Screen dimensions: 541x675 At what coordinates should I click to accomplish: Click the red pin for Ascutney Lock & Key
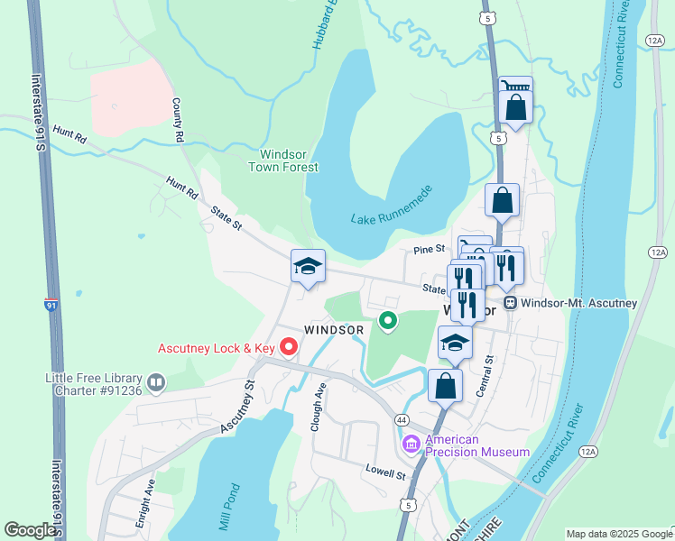(x=289, y=346)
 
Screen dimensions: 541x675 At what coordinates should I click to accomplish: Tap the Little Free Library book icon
(x=156, y=384)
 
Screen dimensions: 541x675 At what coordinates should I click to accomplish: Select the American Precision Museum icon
(x=411, y=444)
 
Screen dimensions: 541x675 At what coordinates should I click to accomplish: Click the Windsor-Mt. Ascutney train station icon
(x=510, y=303)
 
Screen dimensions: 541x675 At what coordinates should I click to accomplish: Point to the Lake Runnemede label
(x=392, y=207)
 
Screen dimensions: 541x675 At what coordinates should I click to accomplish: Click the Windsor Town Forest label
(x=283, y=160)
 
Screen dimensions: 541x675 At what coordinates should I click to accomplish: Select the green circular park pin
(x=388, y=320)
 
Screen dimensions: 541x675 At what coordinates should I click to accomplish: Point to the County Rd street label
(x=177, y=120)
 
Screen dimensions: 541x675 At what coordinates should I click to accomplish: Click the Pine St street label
(x=430, y=249)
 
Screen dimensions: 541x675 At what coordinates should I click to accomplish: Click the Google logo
(x=30, y=530)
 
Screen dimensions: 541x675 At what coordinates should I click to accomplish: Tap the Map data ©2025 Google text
(x=618, y=534)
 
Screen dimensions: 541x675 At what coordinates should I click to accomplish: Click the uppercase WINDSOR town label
(x=334, y=330)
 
